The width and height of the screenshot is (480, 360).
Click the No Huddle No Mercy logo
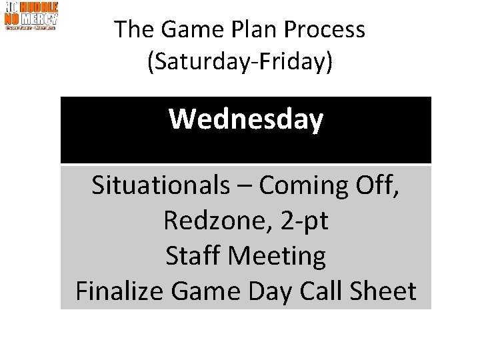click(x=31, y=16)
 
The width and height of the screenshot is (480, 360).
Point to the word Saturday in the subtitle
click(x=194, y=62)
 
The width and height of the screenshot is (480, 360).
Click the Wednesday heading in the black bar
click(x=246, y=121)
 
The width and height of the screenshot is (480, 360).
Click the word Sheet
click(x=384, y=292)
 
